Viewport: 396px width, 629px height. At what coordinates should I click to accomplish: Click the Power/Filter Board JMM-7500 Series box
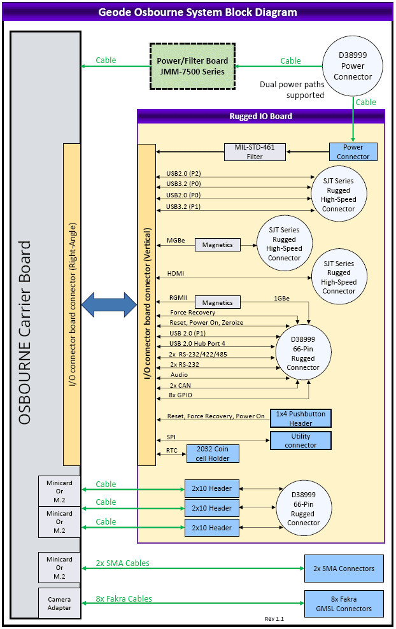click(192, 66)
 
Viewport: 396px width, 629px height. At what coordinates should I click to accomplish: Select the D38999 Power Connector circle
click(353, 66)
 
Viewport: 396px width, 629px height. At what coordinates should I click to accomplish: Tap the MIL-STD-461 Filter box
click(254, 152)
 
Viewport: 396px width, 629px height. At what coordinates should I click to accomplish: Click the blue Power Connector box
click(353, 152)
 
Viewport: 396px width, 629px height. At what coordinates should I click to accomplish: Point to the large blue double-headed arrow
click(110, 304)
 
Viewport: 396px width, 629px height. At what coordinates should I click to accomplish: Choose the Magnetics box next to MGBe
click(218, 244)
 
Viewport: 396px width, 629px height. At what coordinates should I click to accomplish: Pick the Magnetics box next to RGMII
click(218, 303)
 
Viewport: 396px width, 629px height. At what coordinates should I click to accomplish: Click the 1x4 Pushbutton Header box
click(301, 418)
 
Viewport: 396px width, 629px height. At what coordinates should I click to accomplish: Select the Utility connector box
click(301, 441)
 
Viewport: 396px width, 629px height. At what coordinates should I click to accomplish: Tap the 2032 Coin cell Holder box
click(213, 454)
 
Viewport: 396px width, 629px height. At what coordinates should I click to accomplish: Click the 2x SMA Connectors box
click(344, 569)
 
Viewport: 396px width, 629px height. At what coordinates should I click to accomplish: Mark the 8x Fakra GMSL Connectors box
click(344, 604)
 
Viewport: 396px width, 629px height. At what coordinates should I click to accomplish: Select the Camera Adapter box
click(59, 604)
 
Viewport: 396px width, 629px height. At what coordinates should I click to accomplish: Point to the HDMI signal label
click(176, 274)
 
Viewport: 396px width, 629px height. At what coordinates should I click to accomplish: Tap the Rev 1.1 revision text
click(274, 619)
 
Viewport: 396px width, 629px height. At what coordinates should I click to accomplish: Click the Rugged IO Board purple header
click(261, 116)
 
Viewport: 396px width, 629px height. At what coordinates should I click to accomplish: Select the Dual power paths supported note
click(292, 90)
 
